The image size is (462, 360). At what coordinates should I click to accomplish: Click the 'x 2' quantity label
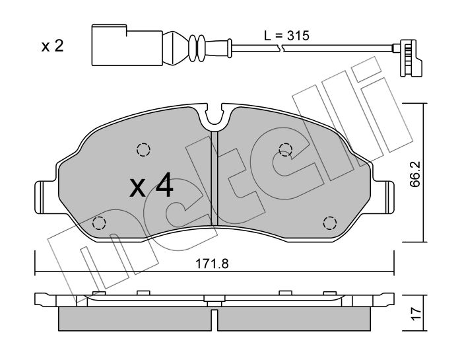52,46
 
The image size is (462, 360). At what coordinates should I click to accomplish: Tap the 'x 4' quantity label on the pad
151,185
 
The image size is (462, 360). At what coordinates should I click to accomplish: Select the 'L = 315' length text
286,36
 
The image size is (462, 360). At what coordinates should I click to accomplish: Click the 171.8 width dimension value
212,264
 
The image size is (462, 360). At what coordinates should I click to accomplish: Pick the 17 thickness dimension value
415,314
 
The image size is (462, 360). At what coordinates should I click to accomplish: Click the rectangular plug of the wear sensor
127,45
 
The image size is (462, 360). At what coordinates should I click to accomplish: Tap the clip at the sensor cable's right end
407,58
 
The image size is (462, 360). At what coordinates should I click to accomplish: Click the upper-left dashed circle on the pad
143,149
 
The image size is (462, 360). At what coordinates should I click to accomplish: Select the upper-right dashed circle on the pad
286,149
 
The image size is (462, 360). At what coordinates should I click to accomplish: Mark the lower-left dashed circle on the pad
99,223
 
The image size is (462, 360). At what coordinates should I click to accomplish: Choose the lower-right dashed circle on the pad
330,223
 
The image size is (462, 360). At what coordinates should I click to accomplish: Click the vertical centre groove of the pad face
214,178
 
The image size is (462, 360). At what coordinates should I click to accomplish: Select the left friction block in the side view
135,319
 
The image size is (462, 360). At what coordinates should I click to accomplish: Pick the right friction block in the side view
294,319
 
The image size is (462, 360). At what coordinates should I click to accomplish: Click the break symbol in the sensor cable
280,47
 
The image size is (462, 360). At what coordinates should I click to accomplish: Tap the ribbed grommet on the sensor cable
196,48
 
